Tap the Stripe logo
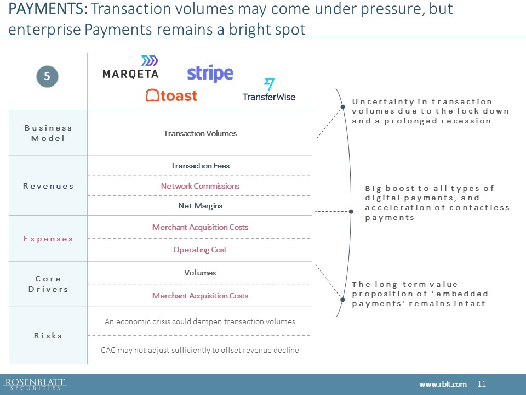tap(210, 74)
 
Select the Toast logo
tap(171, 95)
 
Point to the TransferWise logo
tap(269, 89)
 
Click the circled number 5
tap(47, 76)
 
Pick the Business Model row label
tap(48, 133)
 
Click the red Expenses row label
tap(48, 239)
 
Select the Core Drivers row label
tap(48, 284)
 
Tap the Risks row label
tap(48, 336)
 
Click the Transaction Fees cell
tap(200, 166)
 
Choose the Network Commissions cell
tap(200, 186)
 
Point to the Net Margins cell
tap(201, 206)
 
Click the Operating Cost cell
tap(200, 250)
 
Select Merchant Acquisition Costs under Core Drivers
tap(200, 296)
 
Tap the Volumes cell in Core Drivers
tap(200, 273)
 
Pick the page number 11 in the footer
tap(482, 384)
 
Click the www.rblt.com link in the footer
tap(443, 384)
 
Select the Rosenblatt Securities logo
tap(35, 384)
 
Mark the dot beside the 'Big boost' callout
tap(351, 212)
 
